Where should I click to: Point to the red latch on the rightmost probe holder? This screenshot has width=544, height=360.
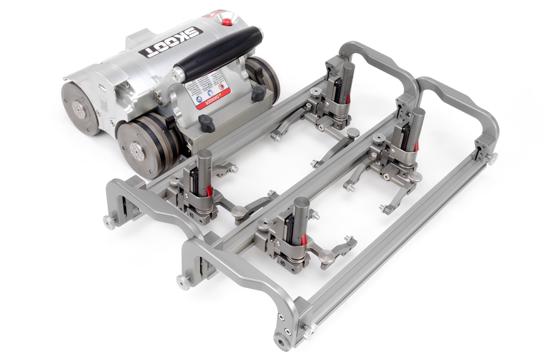[x=416, y=146]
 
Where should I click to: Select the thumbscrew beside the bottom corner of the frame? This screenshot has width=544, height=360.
[x=308, y=328]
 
